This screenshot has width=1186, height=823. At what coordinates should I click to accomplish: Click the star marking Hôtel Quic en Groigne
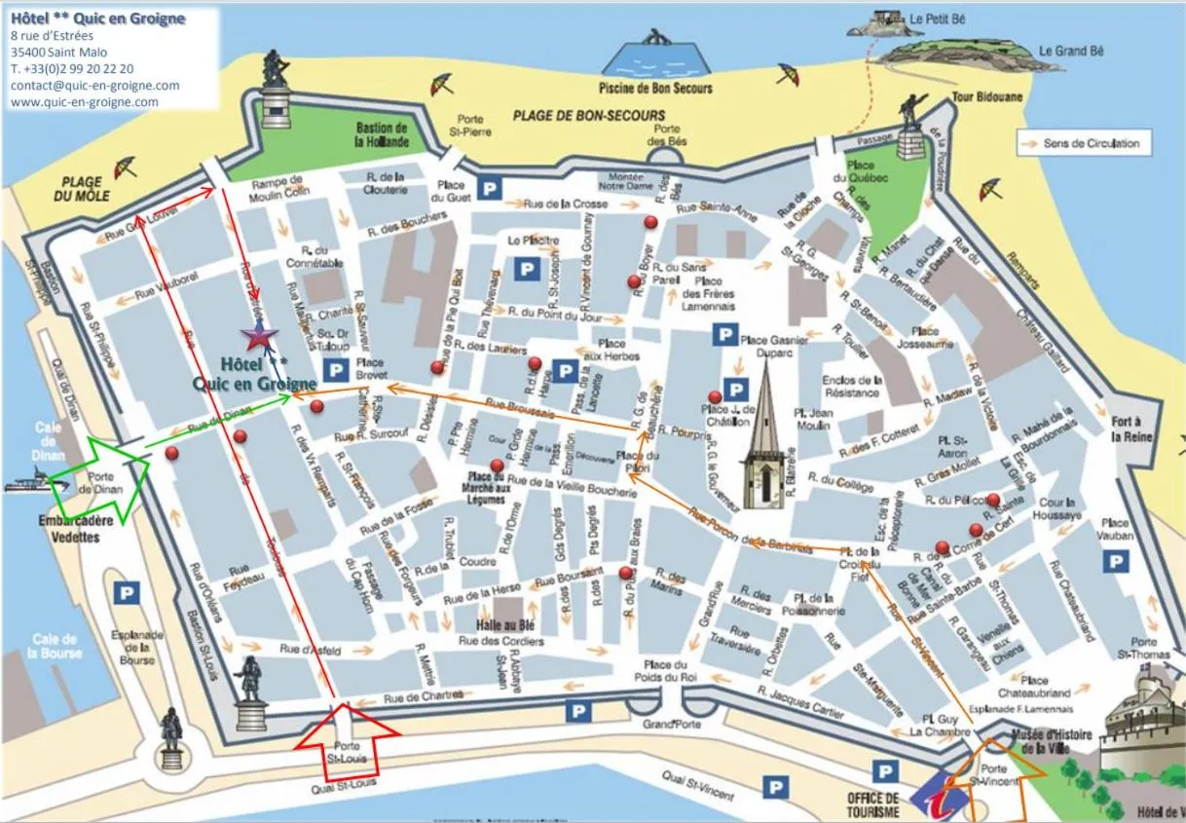coord(260,338)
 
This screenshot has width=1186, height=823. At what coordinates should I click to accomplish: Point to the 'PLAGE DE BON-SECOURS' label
coord(589,115)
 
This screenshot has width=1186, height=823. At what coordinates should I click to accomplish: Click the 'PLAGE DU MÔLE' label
coord(82,188)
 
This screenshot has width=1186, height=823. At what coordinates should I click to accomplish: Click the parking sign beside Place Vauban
coord(1116,562)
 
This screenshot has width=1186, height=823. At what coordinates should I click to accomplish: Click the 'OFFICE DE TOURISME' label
coord(872,804)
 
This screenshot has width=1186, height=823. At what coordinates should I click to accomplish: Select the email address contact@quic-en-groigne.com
coord(94,85)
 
